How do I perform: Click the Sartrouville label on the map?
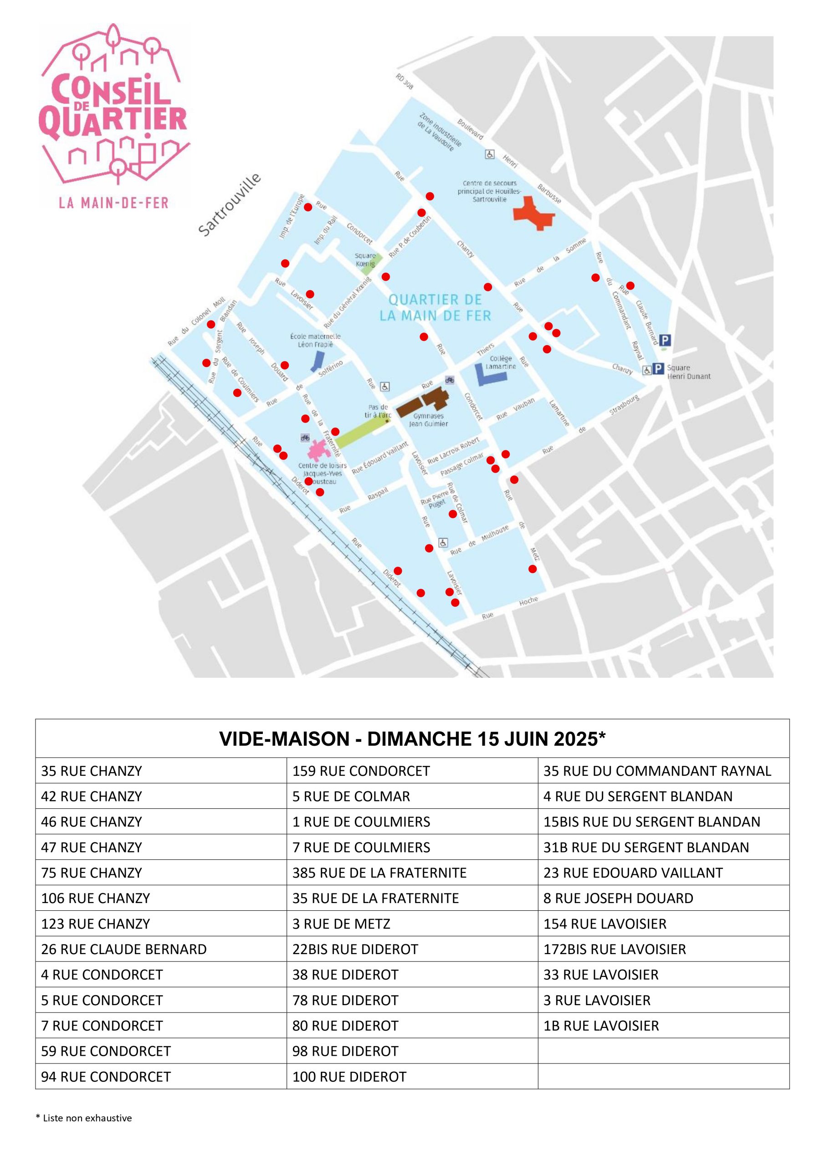point(230,205)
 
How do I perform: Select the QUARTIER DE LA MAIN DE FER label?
point(436,308)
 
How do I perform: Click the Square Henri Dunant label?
point(688,372)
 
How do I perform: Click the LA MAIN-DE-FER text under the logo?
point(113,203)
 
